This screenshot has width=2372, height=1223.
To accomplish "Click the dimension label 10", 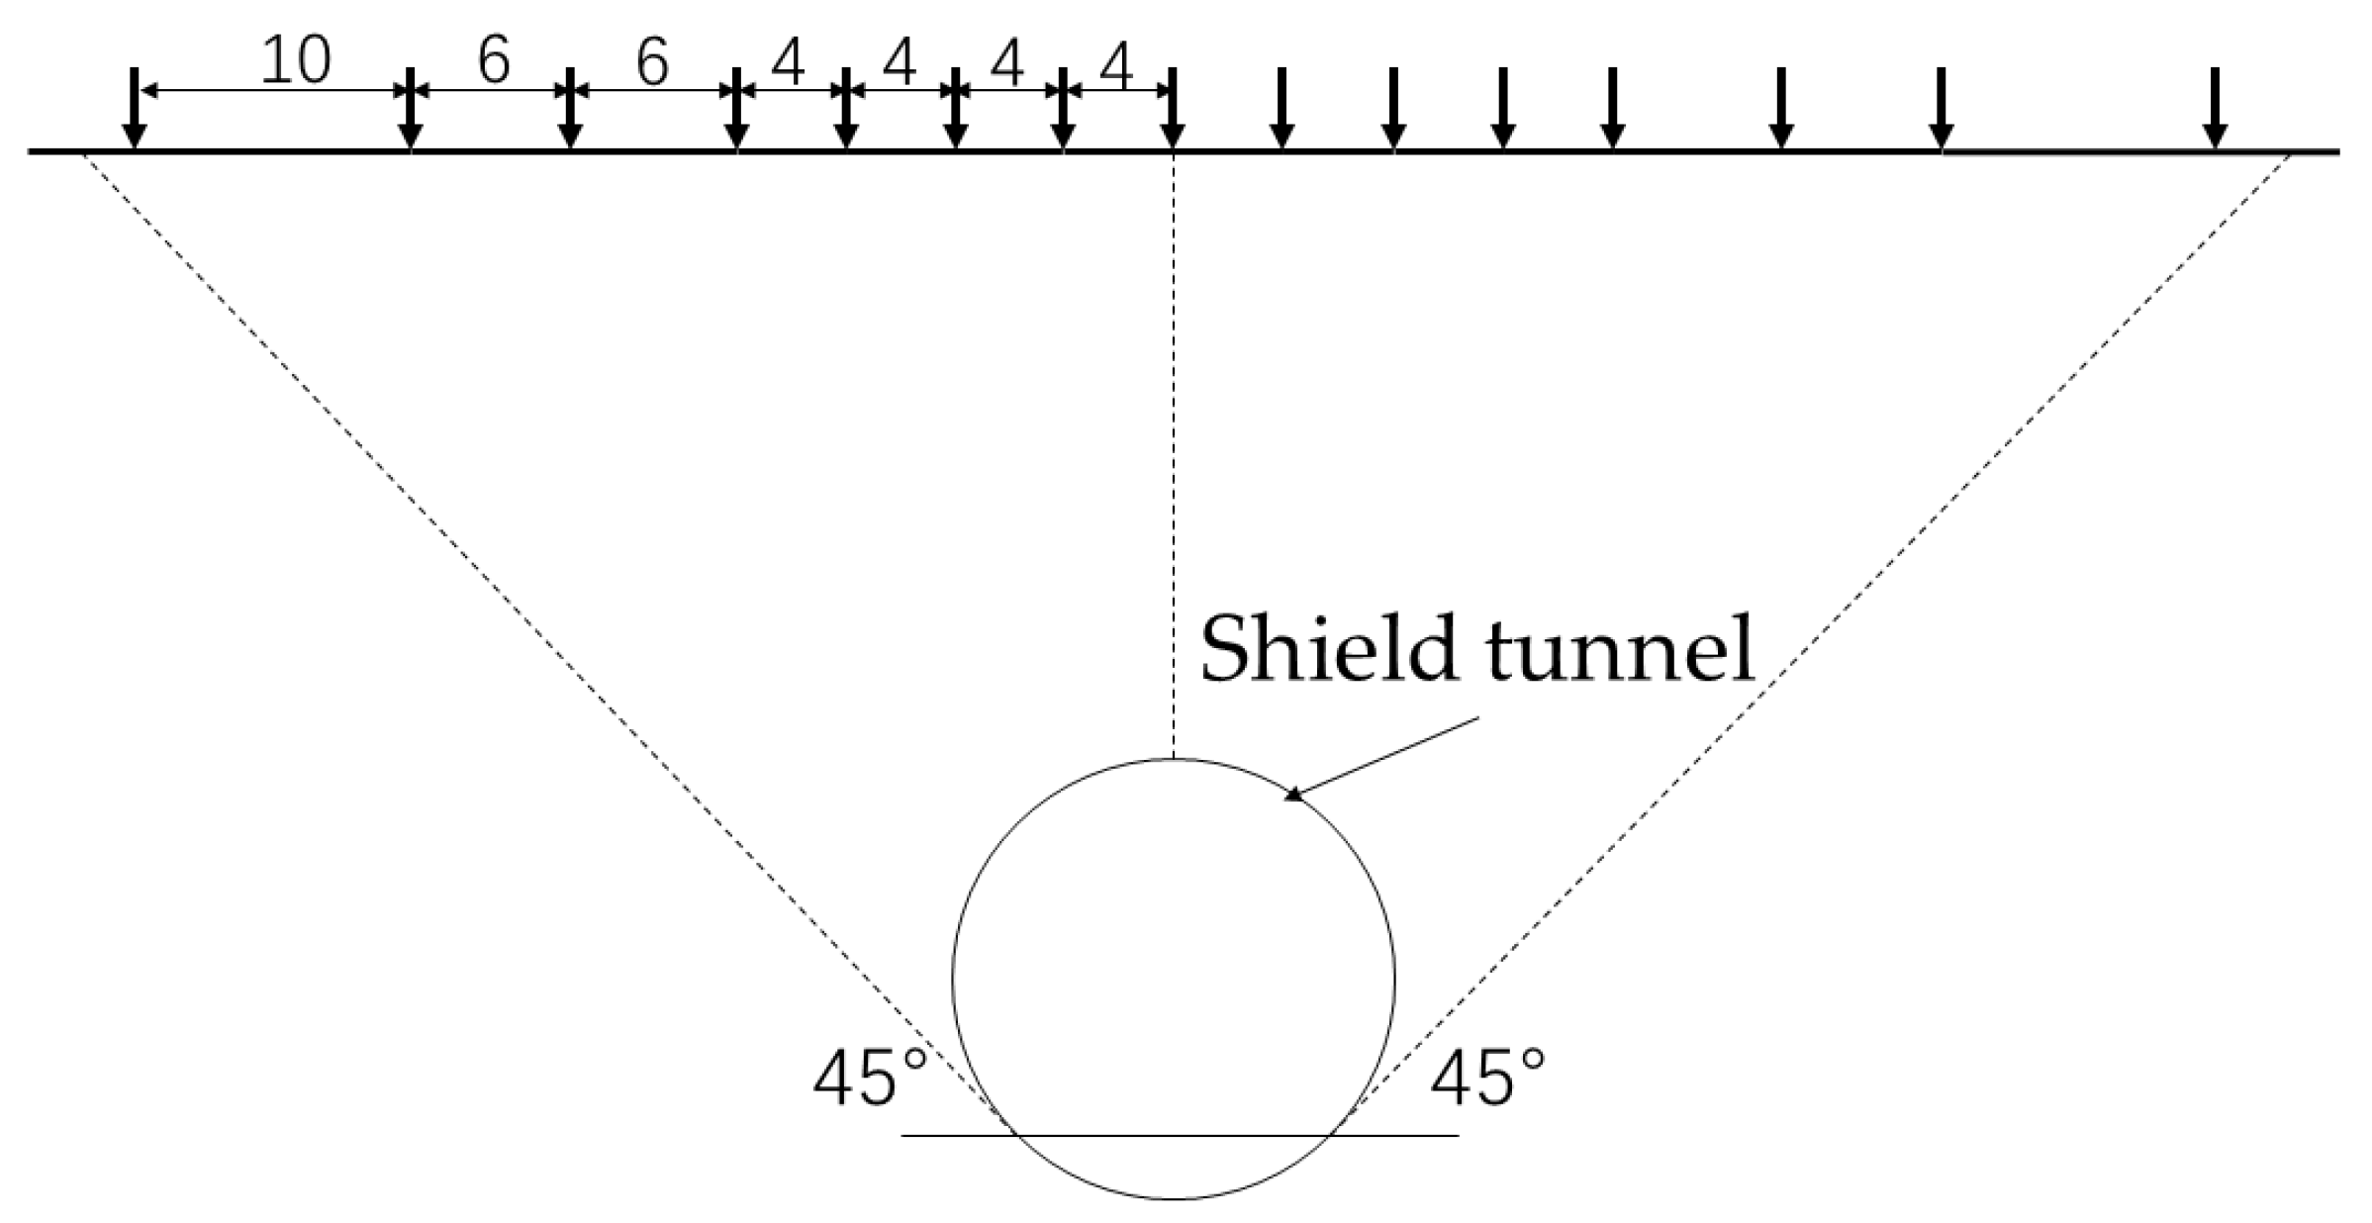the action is pos(295,61).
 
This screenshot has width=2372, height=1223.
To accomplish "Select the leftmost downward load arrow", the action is pos(135,111).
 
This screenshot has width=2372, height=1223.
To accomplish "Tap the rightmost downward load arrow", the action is pos(2216,111).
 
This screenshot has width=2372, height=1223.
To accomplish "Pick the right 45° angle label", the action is pos(1487,1079).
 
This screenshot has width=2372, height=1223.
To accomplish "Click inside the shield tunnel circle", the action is pos(1174,980).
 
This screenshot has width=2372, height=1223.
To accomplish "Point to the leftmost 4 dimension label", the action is pos(789,65).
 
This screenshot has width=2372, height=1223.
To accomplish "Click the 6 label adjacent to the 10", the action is pos(493,61).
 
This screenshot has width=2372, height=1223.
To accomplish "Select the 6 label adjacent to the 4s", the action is pos(652,63).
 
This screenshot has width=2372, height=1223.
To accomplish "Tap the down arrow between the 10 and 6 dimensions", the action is pos(410,111).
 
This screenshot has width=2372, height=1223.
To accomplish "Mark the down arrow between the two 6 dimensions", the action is pos(569,111).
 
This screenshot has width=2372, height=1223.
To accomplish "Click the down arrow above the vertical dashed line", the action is pos(1173,111).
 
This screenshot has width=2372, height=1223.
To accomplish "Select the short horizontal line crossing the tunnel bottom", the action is pos(1178,1135).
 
